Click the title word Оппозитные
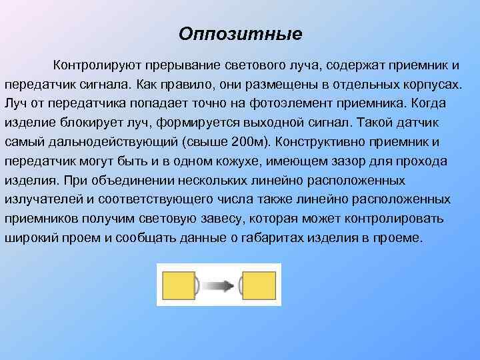point(241,33)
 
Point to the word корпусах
point(431,85)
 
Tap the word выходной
point(284,124)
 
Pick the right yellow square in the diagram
point(259,285)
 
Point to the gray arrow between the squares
point(218,286)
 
